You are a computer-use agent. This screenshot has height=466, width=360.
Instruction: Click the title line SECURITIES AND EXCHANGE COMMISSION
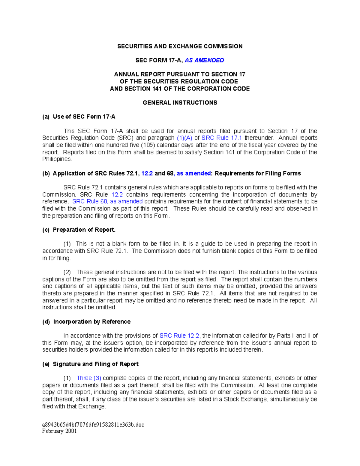[180, 46]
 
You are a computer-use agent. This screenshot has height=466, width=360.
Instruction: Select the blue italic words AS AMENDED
[204, 60]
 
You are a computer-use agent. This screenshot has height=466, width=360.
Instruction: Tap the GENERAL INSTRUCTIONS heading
[180, 103]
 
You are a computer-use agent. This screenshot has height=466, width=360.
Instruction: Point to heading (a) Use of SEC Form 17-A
[79, 117]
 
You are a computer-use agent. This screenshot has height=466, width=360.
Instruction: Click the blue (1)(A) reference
[184, 138]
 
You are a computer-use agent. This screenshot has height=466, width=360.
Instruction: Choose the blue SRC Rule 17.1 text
[222, 138]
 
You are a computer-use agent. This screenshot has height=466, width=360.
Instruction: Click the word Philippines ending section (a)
[57, 159]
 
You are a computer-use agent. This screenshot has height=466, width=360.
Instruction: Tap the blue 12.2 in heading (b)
[147, 173]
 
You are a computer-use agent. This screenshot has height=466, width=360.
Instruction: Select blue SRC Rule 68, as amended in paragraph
[107, 201]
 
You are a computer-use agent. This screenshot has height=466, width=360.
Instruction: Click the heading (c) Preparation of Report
[79, 230]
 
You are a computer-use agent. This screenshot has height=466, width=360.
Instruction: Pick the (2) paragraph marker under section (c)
[67, 272]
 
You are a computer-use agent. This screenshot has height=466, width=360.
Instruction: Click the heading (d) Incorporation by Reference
[86, 322]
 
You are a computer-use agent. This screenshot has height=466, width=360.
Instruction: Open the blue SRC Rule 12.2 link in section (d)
[179, 336]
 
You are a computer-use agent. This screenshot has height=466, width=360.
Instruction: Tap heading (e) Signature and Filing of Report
[90, 364]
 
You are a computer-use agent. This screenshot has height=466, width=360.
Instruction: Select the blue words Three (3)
[89, 378]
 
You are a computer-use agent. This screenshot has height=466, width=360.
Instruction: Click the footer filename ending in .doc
[93, 425]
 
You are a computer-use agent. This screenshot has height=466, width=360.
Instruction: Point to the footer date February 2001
[59, 431]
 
